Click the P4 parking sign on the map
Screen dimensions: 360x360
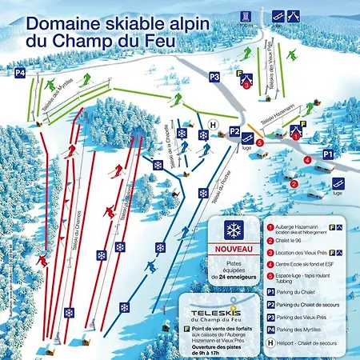(x=20, y=74)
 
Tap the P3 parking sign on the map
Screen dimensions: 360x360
(x=214, y=77)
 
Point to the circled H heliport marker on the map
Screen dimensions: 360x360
(x=213, y=124)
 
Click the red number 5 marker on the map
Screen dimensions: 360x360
(x=260, y=143)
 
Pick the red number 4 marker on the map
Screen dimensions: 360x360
(x=307, y=158)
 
